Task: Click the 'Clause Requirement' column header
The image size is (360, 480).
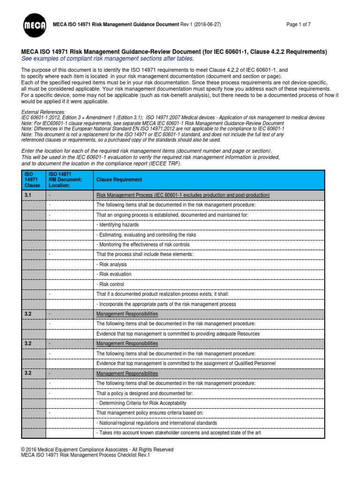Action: tap(119, 180)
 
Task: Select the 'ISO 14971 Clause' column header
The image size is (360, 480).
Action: tap(32, 180)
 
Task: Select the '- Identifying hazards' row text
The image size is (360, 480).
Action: tap(118, 225)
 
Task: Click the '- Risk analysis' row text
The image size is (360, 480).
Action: tap(112, 264)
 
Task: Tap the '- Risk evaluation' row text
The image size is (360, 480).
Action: tap(114, 274)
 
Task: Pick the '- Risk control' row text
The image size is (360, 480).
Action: tap(111, 284)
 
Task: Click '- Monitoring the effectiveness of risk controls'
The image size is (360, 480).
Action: tap(143, 245)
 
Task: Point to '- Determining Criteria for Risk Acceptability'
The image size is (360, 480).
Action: tap(141, 403)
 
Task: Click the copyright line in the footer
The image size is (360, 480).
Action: tap(97, 450)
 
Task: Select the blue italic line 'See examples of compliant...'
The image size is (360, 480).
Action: tap(101, 58)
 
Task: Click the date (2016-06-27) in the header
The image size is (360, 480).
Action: tap(208, 24)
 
